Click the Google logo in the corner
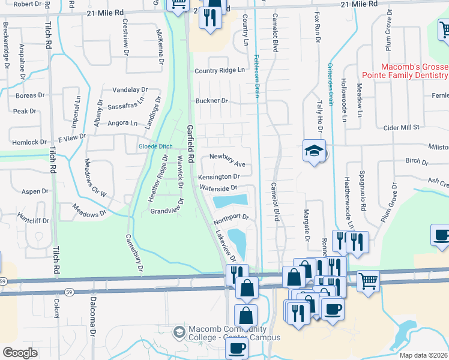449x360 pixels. tap(20, 353)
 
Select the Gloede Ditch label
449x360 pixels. tap(155, 146)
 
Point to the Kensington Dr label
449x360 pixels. tap(219, 177)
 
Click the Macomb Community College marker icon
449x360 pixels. tap(179, 332)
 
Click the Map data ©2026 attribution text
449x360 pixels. tap(423, 355)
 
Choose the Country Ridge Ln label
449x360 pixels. tap(220, 70)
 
